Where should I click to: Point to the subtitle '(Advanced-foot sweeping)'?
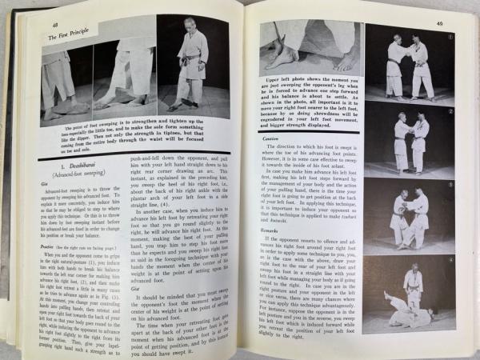(63, 174)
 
